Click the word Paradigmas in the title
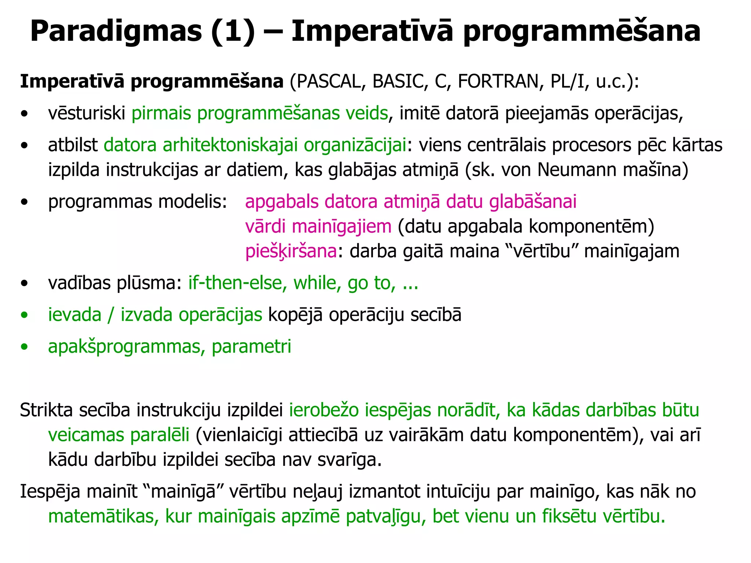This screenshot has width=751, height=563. tap(116, 32)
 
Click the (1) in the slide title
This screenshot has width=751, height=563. tap(233, 32)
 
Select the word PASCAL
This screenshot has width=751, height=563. tap(329, 81)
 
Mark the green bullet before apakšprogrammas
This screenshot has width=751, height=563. tap(25, 347)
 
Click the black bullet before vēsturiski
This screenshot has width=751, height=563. tap(25, 114)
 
